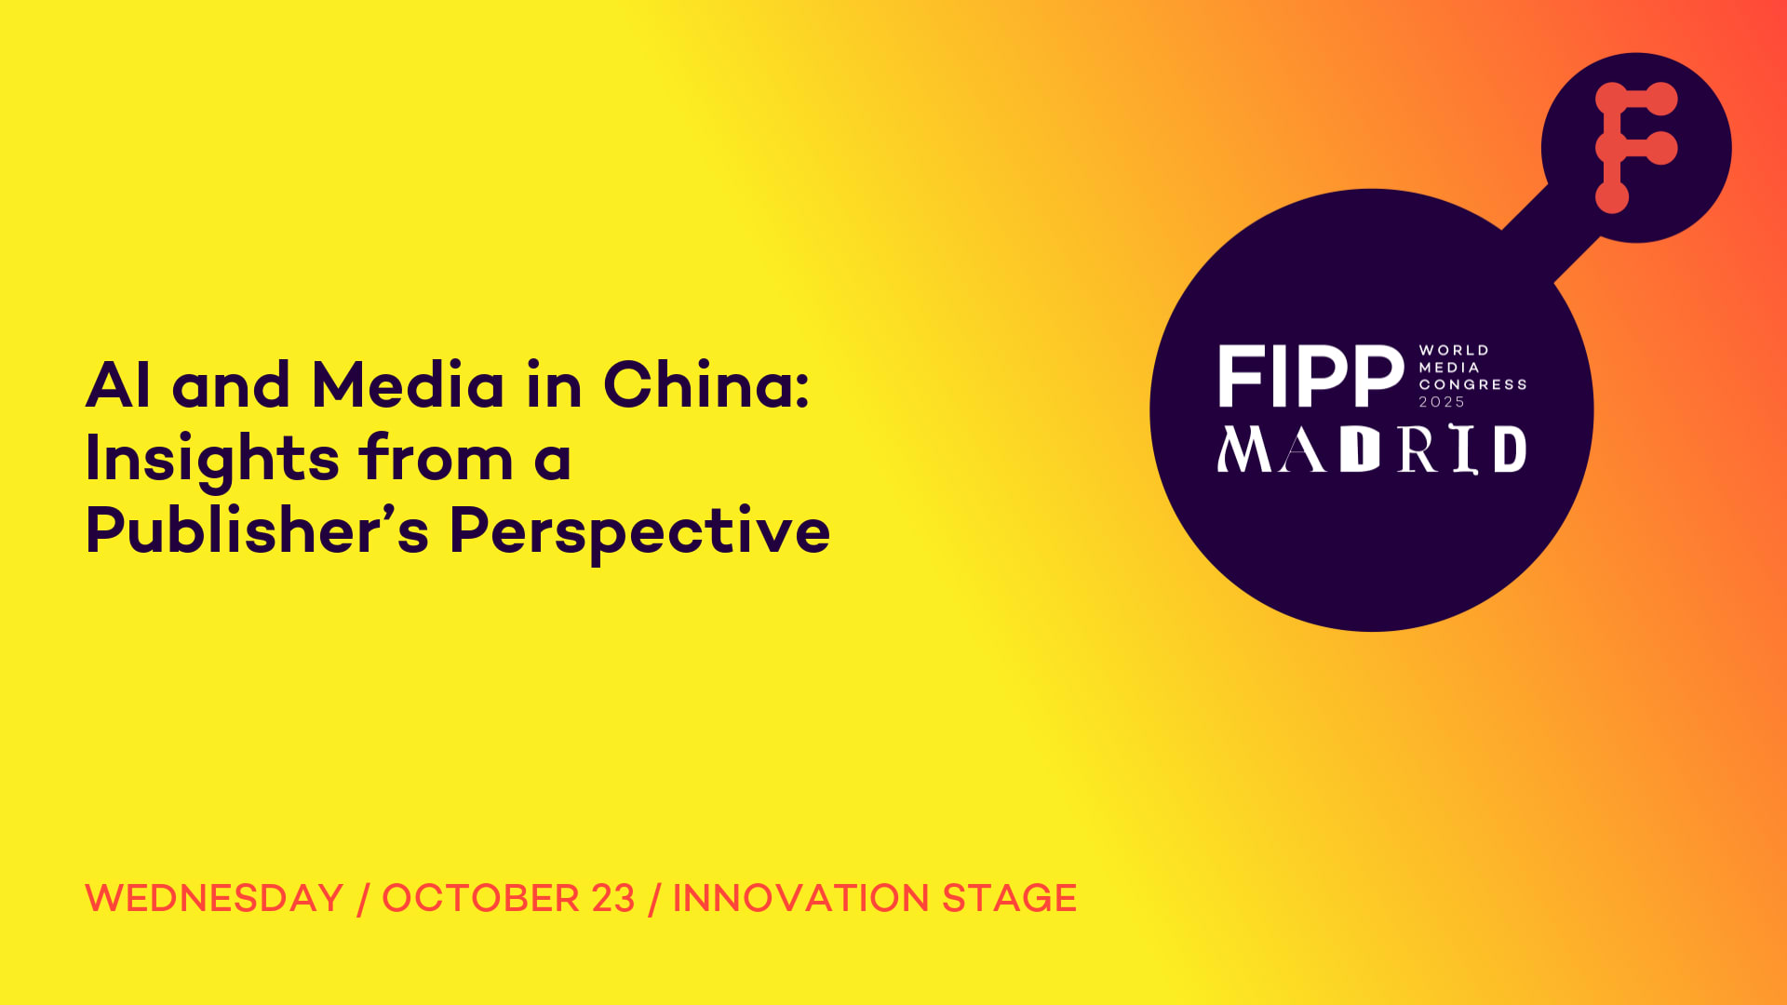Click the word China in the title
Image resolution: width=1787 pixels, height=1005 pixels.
pyautogui.click(x=705, y=384)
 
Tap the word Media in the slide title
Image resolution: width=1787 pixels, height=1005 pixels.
pyautogui.click(x=408, y=384)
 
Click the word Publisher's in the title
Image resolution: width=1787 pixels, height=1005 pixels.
pyautogui.click(x=258, y=530)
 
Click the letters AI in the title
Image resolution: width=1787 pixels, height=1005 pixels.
pyautogui.click(x=118, y=385)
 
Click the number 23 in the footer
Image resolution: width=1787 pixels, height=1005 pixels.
pyautogui.click(x=613, y=899)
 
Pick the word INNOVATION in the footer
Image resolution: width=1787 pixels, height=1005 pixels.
pyautogui.click(x=801, y=899)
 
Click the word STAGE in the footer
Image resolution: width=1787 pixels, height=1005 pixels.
pyautogui.click(x=1010, y=899)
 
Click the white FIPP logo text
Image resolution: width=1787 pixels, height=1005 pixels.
pyautogui.click(x=1311, y=377)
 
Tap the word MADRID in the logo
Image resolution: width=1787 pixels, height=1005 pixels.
pyautogui.click(x=1372, y=449)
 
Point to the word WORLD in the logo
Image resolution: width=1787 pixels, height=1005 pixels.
pyautogui.click(x=1454, y=351)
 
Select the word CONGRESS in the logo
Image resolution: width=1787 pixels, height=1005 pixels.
pyautogui.click(x=1472, y=385)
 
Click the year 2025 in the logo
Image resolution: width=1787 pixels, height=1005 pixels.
pyautogui.click(x=1442, y=402)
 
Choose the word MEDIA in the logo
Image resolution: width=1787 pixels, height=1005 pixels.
pyautogui.click(x=1449, y=368)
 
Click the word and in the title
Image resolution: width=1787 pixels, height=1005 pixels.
pyautogui.click(x=231, y=385)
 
